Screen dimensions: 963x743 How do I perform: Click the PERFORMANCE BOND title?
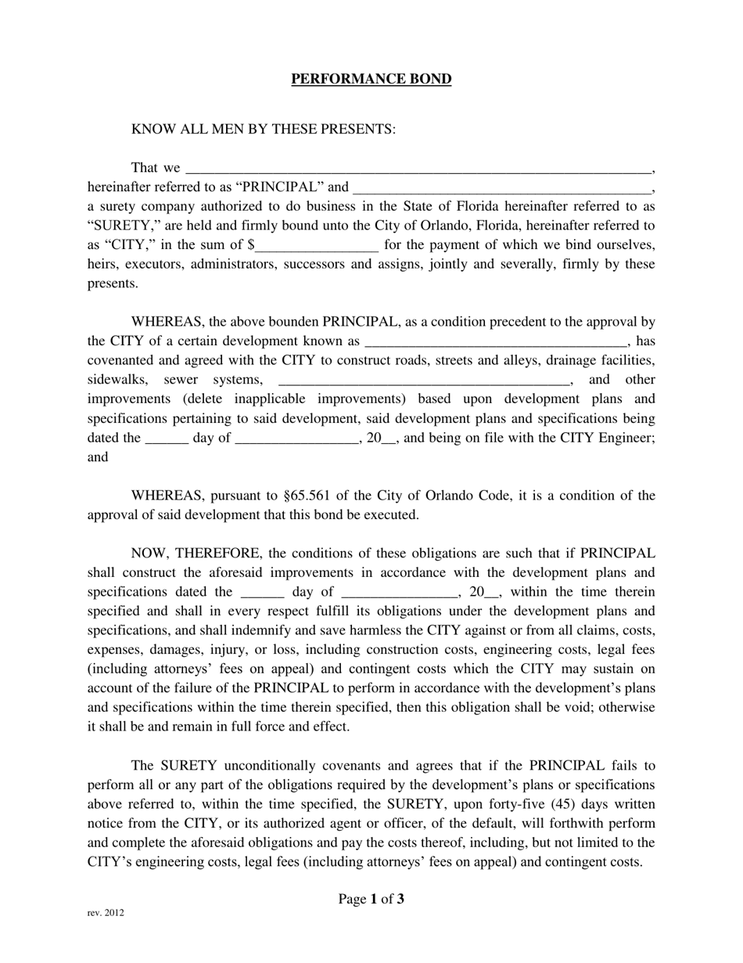371,79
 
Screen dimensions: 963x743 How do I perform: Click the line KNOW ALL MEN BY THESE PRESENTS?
263,128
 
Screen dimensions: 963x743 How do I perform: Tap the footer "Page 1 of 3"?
371,899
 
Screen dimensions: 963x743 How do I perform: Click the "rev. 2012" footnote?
105,913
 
